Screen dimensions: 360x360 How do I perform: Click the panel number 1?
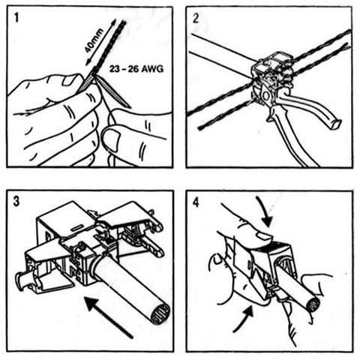point(16,18)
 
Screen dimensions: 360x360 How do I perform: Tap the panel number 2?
point(196,18)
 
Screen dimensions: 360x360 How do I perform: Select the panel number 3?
point(16,202)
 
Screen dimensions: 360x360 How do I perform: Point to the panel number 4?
point(196,202)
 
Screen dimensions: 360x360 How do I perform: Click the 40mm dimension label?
point(94,40)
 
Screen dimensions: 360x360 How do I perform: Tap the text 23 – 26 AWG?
point(136,68)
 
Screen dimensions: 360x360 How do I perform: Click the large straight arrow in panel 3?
point(109,316)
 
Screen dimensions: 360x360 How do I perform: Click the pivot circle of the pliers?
point(265,96)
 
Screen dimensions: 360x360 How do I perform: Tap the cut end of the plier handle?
point(335,124)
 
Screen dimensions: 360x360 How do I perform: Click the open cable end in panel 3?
point(160,313)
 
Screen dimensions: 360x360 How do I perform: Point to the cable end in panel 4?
point(313,305)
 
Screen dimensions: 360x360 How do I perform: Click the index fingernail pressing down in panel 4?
point(265,237)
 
